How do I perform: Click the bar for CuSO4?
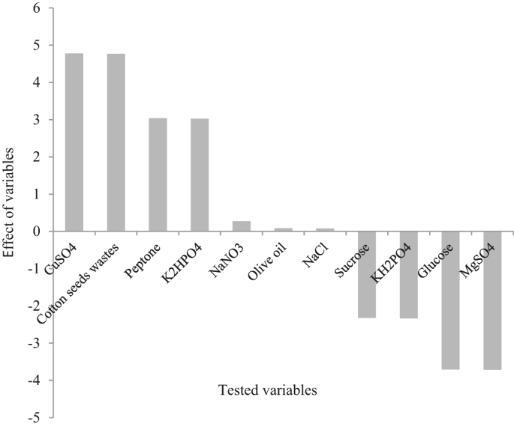[74, 142]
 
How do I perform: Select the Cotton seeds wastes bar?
[116, 142]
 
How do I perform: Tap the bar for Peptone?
[158, 175]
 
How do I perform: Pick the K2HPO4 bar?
[200, 175]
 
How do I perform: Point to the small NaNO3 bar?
[241, 226]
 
